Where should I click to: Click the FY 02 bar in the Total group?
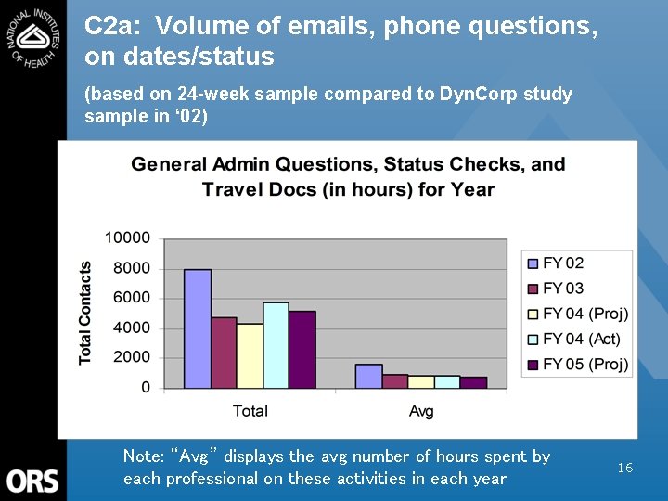(x=198, y=328)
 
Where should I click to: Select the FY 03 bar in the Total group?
(x=224, y=353)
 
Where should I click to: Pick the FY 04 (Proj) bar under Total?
(x=250, y=355)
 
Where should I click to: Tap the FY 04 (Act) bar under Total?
(x=276, y=345)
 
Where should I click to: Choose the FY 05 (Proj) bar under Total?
(x=302, y=350)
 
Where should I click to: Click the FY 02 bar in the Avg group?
(x=368, y=376)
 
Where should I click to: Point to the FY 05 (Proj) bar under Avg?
(x=473, y=382)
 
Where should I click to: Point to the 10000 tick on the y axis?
(x=127, y=238)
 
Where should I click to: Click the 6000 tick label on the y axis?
(x=132, y=298)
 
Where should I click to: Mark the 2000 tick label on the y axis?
(x=132, y=357)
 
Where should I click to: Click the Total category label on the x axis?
(x=250, y=410)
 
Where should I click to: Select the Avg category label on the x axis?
(x=421, y=410)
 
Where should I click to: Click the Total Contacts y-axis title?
(x=85, y=312)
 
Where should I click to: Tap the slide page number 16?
(x=625, y=468)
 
